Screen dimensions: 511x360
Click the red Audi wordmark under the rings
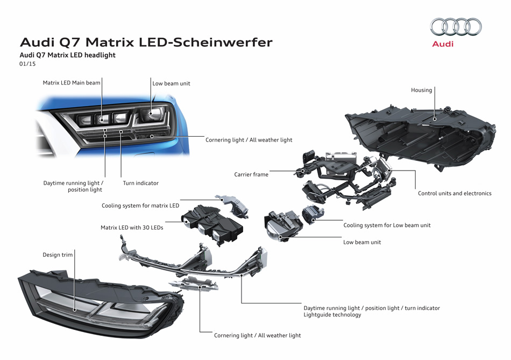click(x=443, y=44)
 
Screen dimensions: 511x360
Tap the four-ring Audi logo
click(x=456, y=26)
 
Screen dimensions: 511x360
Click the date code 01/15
click(x=27, y=64)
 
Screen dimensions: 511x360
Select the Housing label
click(x=421, y=90)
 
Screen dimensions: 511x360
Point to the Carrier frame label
click(x=251, y=174)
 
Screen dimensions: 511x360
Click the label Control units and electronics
click(x=455, y=193)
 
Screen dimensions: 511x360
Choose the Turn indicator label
click(x=141, y=183)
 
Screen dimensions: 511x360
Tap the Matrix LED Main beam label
click(x=72, y=83)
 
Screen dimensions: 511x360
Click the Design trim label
click(x=58, y=255)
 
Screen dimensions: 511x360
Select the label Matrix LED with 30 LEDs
click(x=132, y=228)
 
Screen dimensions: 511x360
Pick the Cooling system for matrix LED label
click(x=140, y=206)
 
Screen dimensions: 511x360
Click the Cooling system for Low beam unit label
click(x=387, y=225)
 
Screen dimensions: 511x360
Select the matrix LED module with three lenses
click(x=212, y=225)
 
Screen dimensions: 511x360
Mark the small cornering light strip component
click(x=194, y=284)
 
